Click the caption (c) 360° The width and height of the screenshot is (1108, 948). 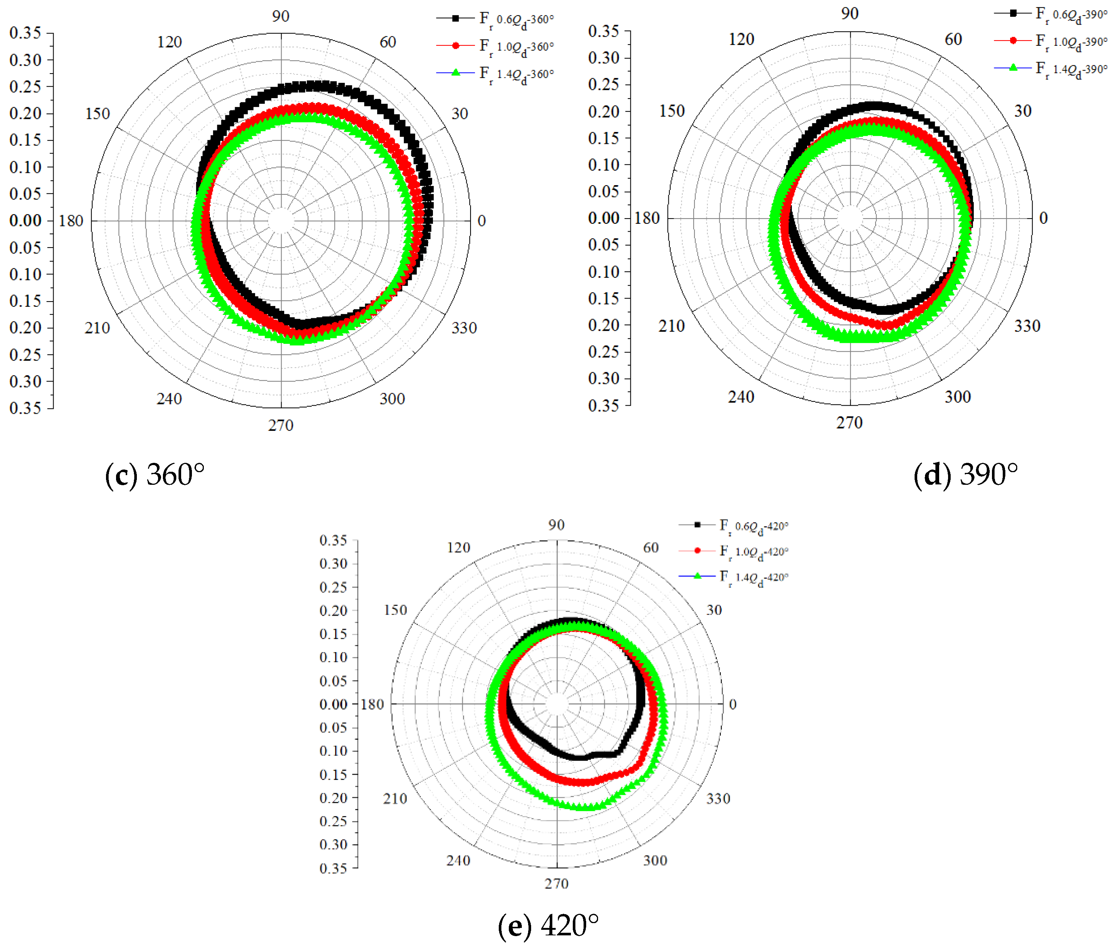pos(155,474)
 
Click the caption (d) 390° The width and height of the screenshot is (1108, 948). pos(965,474)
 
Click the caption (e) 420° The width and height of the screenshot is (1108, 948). pos(548,926)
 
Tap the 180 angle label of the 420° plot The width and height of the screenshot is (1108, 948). pos(372,704)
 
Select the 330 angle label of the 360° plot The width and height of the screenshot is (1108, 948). pos(464,328)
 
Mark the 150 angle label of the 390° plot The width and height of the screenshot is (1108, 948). pos(672,111)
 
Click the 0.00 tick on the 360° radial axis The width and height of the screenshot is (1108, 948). pos(25,221)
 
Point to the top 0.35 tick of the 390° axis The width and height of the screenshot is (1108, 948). pos(603,31)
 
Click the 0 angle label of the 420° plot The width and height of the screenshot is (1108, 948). pos(733,704)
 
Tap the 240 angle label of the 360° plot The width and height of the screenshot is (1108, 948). pos(169,399)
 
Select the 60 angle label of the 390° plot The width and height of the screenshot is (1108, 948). pos(953,39)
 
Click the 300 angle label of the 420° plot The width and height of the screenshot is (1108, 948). pos(655,860)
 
